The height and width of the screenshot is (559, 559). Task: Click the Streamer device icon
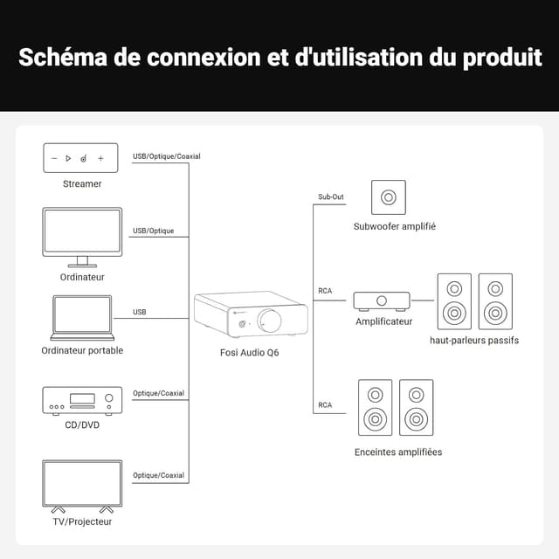tap(80, 158)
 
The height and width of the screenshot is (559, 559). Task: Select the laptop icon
tap(82, 317)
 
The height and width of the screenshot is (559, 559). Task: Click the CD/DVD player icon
tap(82, 400)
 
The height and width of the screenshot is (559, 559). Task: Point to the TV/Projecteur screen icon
tap(82, 484)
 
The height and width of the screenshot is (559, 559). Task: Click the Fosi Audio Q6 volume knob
tap(270, 321)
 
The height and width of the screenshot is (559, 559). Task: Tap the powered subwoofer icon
tap(388, 197)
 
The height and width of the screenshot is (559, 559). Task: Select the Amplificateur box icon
tap(382, 300)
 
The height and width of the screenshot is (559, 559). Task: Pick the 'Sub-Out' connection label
tap(331, 197)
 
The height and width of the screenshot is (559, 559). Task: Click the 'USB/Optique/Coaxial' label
tap(166, 157)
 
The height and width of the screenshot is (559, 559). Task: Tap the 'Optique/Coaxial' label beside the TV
tap(158, 475)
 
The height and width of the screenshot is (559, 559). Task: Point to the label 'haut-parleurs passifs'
tap(474, 340)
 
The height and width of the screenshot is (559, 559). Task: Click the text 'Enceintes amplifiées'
tap(397, 452)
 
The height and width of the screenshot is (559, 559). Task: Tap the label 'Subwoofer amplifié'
tap(395, 226)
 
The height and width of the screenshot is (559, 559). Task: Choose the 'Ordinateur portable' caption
tap(82, 350)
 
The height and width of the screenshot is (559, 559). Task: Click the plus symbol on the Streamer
tap(100, 158)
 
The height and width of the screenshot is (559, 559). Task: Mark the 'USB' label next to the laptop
tap(139, 312)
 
